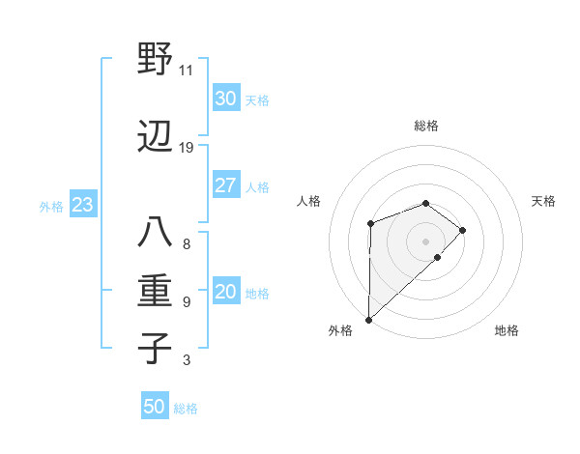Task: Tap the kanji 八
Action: [x=155, y=235]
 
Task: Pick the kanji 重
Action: [x=155, y=291]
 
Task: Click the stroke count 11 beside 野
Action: [x=186, y=70]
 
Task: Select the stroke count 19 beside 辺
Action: [x=186, y=148]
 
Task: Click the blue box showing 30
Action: [x=225, y=98]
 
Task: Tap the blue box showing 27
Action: [x=225, y=185]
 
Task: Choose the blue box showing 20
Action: [x=225, y=293]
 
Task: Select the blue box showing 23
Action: [x=82, y=206]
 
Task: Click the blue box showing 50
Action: [x=155, y=407]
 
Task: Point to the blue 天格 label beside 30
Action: [x=256, y=99]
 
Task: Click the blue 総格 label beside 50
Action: [x=186, y=409]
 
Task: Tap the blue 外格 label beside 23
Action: [x=51, y=207]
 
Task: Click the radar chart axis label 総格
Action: [x=425, y=126]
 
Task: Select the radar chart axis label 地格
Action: [x=507, y=330]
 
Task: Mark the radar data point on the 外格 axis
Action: [x=368, y=319]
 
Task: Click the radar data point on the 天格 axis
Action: [x=463, y=230]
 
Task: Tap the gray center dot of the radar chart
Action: [x=425, y=241]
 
